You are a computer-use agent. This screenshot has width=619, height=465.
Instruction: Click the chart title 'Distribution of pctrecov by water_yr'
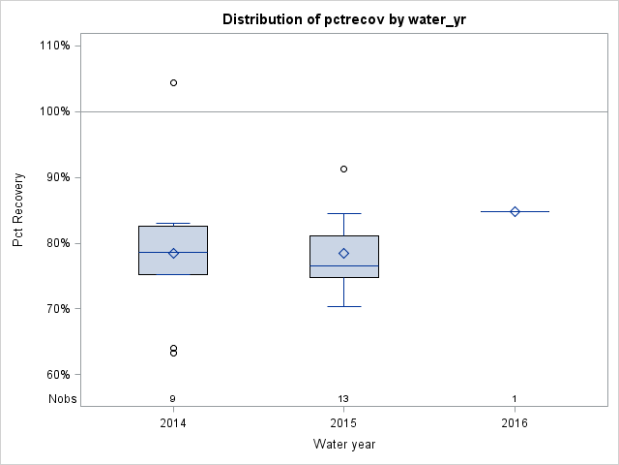(x=343, y=19)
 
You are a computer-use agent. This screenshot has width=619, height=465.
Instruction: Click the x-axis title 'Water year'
(x=344, y=444)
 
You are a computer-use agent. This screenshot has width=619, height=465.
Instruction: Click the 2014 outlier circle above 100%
(x=173, y=83)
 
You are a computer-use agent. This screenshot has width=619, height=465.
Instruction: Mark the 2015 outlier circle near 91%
(x=343, y=169)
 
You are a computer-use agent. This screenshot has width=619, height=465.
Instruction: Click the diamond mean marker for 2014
(x=173, y=253)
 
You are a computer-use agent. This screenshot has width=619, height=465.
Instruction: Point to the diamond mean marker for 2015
(x=343, y=253)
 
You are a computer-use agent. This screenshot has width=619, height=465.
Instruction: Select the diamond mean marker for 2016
(x=515, y=211)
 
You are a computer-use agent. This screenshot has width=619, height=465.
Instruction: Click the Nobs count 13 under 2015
(x=343, y=398)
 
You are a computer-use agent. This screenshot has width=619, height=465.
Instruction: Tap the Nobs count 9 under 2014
(x=173, y=398)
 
